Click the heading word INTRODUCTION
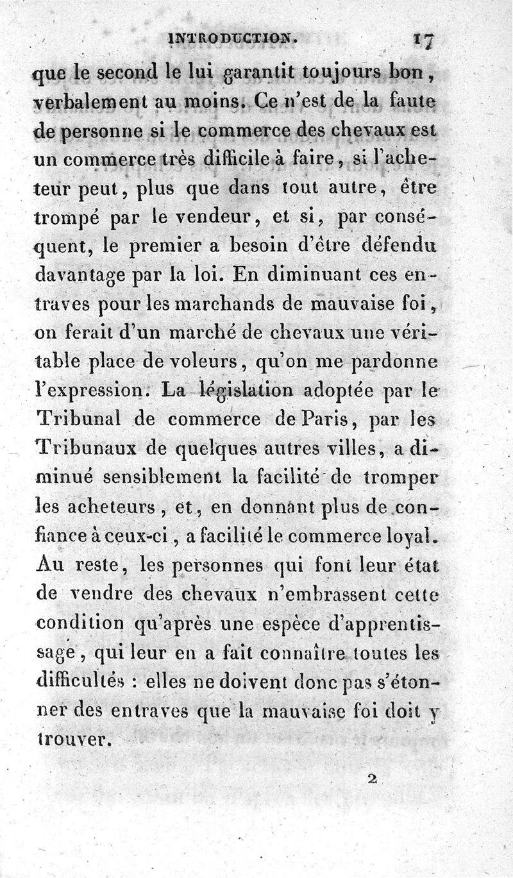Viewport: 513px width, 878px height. (x=232, y=38)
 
